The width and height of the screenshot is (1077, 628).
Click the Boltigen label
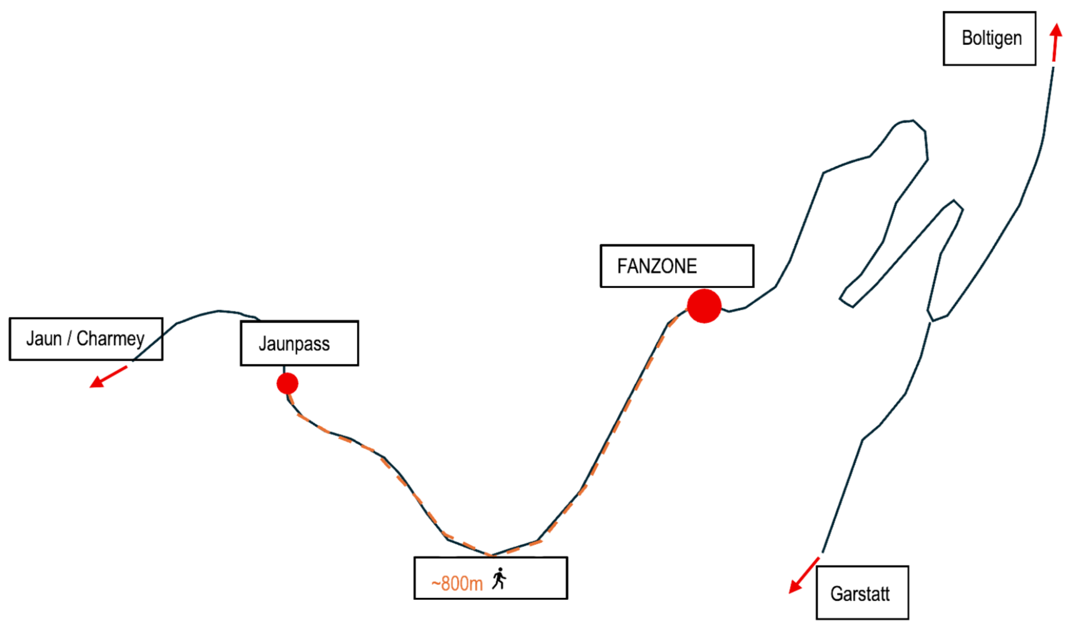(992, 38)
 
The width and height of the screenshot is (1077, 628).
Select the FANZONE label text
(658, 266)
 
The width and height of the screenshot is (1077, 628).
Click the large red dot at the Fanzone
(704, 306)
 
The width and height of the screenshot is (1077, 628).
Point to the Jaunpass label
(294, 344)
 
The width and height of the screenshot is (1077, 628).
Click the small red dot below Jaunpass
(288, 383)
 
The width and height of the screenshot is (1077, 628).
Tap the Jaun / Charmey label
(86, 339)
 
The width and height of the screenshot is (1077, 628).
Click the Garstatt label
(859, 594)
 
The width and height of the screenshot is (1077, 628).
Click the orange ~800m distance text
(458, 584)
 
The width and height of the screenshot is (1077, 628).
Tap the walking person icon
(499, 579)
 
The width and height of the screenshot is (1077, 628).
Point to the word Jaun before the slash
(44, 339)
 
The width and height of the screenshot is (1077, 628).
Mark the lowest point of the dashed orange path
(493, 555)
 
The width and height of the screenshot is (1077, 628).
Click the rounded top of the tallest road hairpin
(906, 121)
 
